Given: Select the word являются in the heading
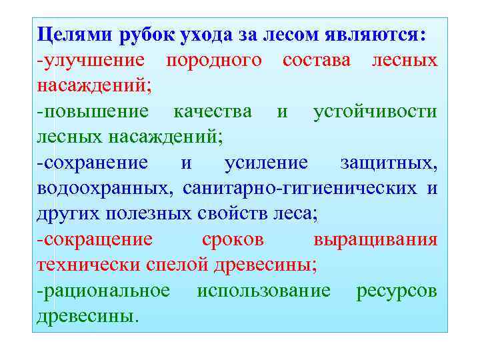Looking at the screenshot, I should click(x=377, y=33).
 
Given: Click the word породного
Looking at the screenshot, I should click(x=213, y=60).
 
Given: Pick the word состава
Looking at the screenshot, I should click(x=317, y=60).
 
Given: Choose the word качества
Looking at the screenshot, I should click(x=212, y=111).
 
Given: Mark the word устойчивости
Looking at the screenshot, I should click(x=375, y=111).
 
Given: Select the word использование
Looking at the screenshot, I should click(x=264, y=291).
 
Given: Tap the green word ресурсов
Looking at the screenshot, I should click(x=397, y=291).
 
